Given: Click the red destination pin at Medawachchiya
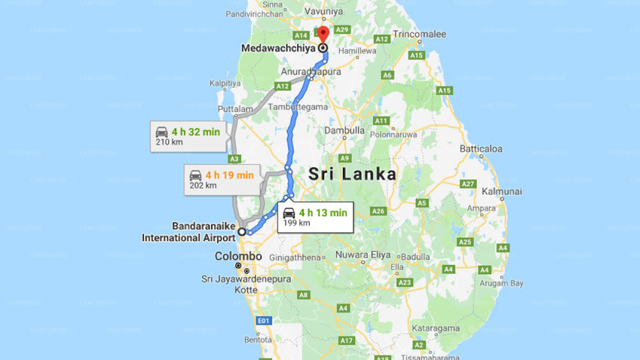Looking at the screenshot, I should point(323,35).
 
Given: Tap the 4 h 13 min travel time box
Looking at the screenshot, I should point(315,217).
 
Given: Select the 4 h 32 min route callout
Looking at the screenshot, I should point(188,136).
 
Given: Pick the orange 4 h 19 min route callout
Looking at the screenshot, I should point(222,179).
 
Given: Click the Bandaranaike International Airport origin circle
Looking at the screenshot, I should point(242,231).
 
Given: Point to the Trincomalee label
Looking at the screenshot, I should point(419,34).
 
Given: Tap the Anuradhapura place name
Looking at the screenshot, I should point(310,72).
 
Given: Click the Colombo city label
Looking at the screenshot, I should point(238,256).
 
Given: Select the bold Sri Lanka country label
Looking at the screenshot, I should point(352,174).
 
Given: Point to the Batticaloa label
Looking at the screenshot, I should point(481,149).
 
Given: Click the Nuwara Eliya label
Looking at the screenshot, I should point(363,255).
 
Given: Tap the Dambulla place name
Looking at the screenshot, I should point(344,130).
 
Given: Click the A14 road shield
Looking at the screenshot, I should point(301,35).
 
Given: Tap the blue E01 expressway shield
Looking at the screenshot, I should point(263,320).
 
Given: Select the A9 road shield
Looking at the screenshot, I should point(344,158).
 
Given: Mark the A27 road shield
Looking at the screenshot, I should point(468,184).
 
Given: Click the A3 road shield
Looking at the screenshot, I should point(234,159).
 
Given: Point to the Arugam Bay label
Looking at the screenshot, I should point(501,283).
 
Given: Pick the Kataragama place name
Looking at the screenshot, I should point(435,328).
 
